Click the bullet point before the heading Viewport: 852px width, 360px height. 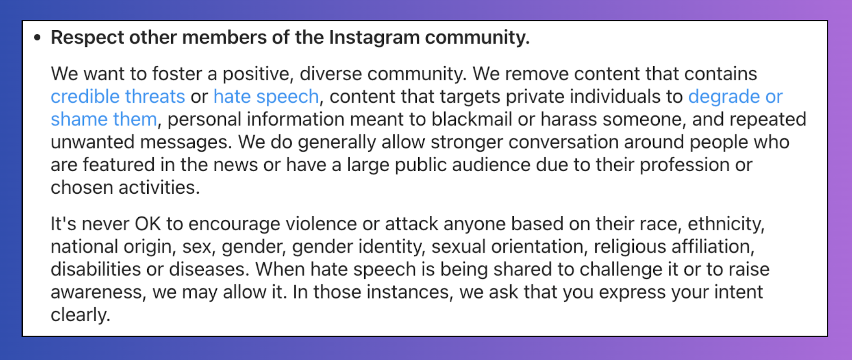[37, 38]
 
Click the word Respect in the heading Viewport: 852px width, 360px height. [87, 37]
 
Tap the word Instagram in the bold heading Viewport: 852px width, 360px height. [374, 37]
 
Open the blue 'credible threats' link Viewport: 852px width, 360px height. [118, 97]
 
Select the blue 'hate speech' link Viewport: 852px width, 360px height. [266, 97]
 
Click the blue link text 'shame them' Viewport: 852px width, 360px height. [104, 119]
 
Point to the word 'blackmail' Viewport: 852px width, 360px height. [471, 119]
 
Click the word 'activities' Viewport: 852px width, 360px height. [159, 187]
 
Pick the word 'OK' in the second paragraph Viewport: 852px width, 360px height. [148, 224]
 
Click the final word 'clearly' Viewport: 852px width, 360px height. [80, 315]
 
